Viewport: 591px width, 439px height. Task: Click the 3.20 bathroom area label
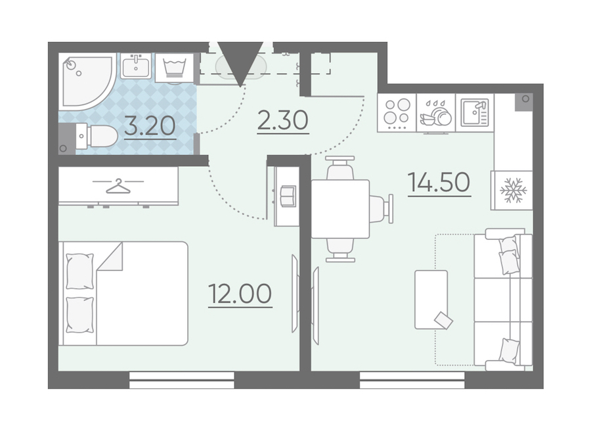[150, 126]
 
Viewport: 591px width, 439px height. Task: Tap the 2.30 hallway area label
[282, 121]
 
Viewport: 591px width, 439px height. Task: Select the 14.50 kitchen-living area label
[439, 182]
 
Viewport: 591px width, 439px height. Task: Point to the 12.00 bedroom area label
[240, 294]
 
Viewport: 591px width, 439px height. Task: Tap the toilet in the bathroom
[97, 137]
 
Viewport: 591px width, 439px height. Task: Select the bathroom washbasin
[136, 66]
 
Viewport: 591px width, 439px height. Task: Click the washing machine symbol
[175, 67]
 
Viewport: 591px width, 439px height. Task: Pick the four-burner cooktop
[397, 112]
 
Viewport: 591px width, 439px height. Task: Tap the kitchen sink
[475, 112]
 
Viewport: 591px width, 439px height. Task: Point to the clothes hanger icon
[118, 186]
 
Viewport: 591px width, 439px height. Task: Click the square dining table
[340, 209]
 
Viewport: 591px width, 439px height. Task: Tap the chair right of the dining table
[382, 209]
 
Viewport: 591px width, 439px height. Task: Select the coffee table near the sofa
[431, 300]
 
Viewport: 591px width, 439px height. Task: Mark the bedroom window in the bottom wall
[182, 380]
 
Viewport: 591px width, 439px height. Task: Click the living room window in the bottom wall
[412, 380]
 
